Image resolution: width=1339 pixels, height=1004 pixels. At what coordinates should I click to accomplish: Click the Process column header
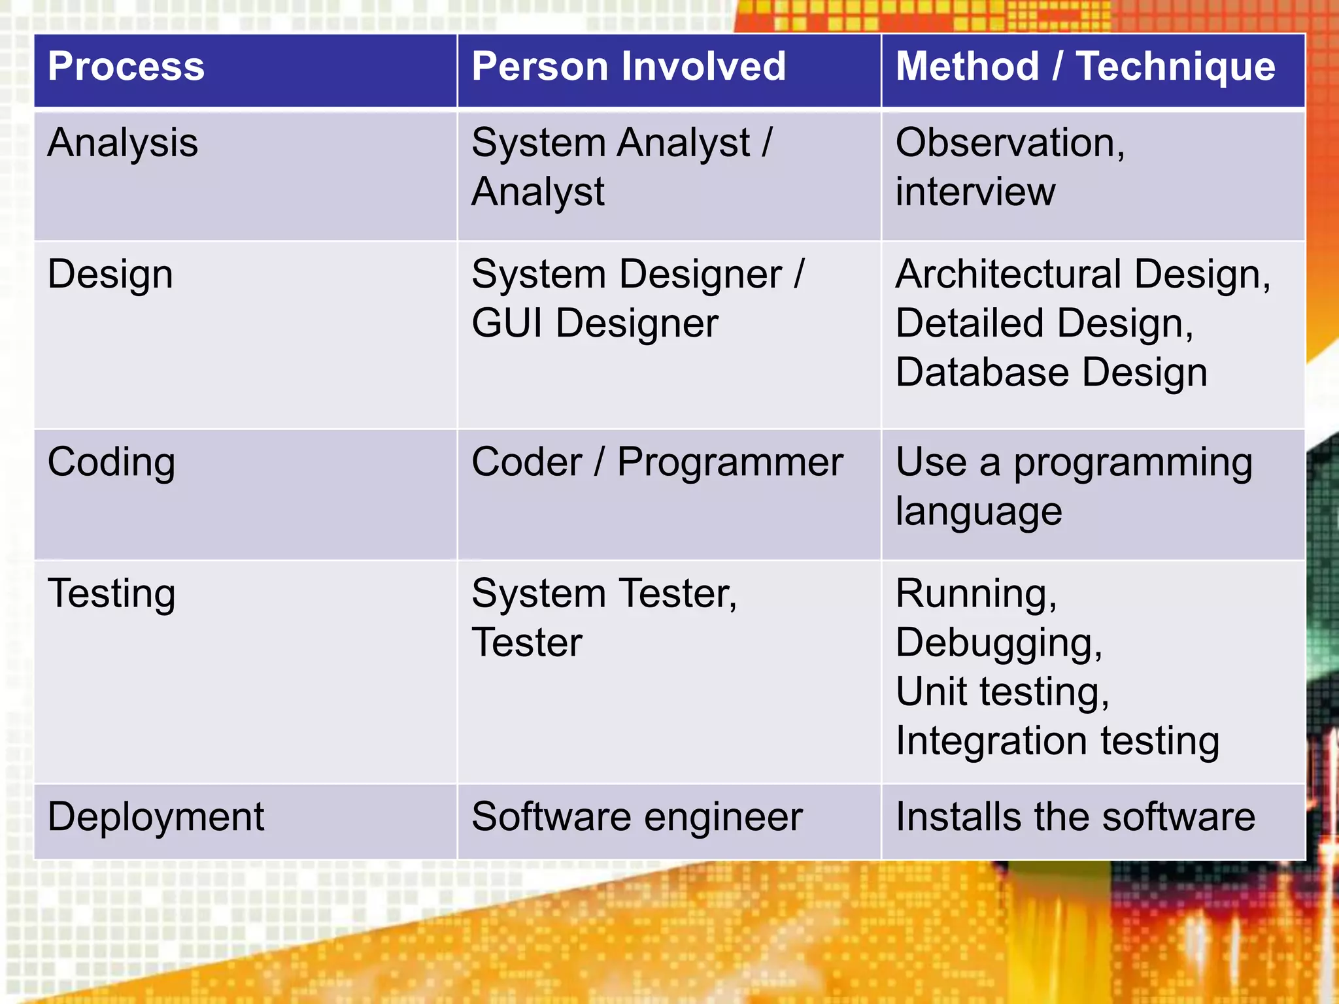pos(126,67)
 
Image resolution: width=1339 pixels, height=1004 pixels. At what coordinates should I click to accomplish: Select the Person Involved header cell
pos(628,67)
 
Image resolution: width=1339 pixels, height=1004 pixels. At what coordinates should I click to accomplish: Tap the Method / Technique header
pos(1085,67)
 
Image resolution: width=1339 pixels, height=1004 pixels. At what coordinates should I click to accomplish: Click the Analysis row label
pos(123,142)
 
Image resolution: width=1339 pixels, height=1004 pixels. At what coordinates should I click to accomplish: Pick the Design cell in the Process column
pos(110,274)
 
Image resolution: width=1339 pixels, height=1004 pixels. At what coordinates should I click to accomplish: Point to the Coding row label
pos(112,462)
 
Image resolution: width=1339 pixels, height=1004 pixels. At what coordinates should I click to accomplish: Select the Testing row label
pos(112,594)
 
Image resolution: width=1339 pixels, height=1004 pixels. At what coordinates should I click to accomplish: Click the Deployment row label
pos(156,817)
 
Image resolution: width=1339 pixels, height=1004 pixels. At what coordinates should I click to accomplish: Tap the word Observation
pos(1007,142)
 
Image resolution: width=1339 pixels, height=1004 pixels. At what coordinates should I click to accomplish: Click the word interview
pos(975,192)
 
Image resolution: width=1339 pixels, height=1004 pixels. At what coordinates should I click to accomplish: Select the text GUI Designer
pos(595,323)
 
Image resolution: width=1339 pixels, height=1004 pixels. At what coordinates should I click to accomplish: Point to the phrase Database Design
pos(1051,373)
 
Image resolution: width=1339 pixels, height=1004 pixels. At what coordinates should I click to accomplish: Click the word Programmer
pos(730,462)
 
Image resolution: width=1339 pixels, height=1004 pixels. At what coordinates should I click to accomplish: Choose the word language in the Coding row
pos(979,511)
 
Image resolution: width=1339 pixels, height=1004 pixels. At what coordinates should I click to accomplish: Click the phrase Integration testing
pos(1057,741)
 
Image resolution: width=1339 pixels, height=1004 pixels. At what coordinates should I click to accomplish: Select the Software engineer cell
pos(637,817)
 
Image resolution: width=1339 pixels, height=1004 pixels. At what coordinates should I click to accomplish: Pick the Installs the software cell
pos(1076,817)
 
